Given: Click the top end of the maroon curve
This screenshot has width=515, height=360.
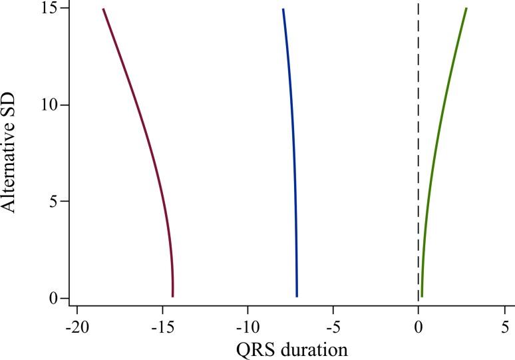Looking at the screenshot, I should (x=103, y=9).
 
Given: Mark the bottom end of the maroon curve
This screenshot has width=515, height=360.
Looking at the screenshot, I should (x=172, y=296).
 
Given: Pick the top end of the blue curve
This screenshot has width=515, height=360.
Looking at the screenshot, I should (x=283, y=9).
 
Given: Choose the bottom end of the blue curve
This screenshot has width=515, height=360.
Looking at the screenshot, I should (x=297, y=296).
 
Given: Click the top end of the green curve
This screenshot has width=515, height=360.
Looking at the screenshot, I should (x=466, y=9).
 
